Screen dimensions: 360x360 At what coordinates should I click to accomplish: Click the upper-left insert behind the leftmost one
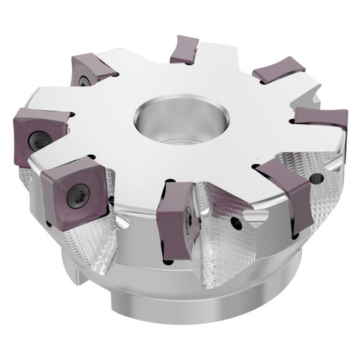[92, 71]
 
